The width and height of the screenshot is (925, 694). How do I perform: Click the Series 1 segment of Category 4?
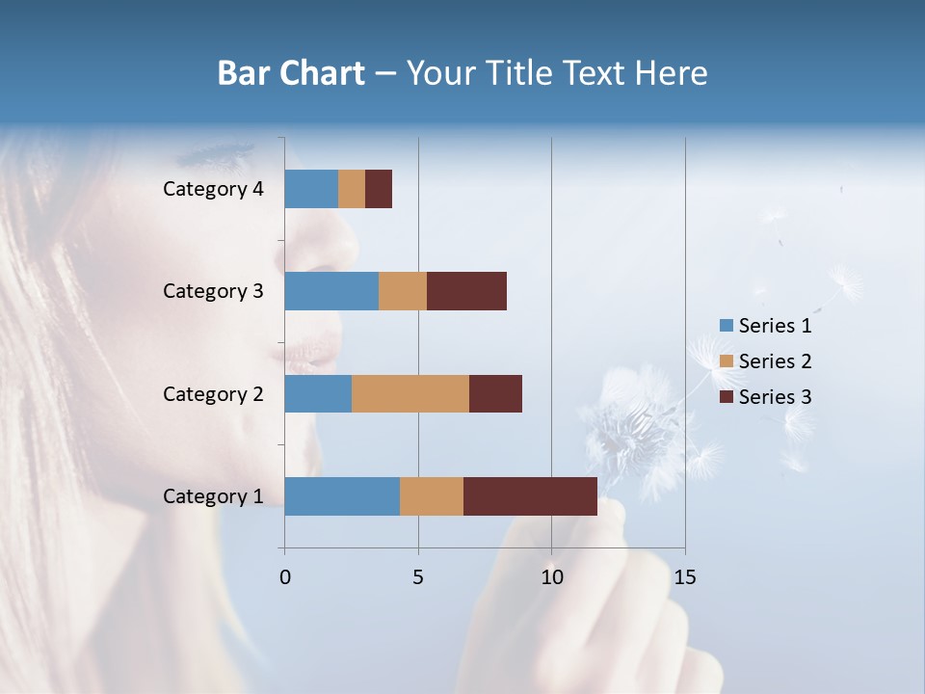click(311, 189)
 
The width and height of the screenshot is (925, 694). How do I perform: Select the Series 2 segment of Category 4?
click(352, 189)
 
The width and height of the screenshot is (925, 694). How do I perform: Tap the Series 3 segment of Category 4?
click(379, 189)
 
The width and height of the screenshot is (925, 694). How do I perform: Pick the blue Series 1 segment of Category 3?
click(331, 291)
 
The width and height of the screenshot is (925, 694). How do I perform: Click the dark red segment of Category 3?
click(466, 291)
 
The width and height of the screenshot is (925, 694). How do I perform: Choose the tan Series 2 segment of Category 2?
click(410, 393)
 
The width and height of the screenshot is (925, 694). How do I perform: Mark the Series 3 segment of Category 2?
click(495, 393)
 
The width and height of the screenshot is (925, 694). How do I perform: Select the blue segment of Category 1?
click(342, 496)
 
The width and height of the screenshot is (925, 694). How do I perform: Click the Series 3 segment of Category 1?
click(530, 496)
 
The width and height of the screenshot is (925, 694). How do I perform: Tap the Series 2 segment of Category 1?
click(432, 496)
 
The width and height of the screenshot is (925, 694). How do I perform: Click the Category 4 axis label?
click(213, 189)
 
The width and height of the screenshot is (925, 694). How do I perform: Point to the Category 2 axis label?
click(213, 393)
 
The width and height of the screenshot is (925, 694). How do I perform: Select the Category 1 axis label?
click(213, 496)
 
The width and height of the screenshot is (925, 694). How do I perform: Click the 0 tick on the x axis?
click(285, 577)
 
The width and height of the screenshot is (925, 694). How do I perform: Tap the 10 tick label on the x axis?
click(551, 577)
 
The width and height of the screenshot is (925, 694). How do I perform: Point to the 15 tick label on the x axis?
click(685, 577)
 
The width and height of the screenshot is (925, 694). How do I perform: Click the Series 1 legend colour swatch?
click(726, 326)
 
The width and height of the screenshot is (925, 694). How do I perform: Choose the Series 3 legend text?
click(775, 397)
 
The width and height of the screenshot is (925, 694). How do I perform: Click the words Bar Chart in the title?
click(291, 73)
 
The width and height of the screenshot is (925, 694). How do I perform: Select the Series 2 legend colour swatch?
click(726, 361)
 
